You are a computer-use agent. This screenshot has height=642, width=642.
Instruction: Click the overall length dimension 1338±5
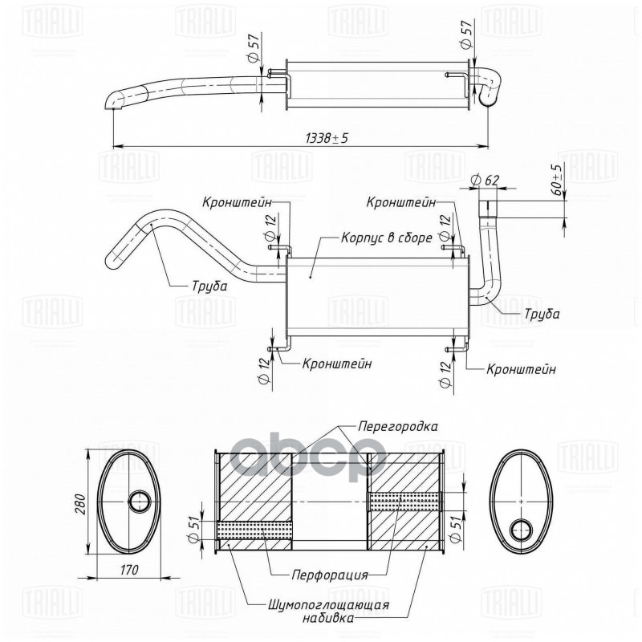(327, 138)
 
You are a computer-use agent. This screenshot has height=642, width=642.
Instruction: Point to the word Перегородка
(398, 426)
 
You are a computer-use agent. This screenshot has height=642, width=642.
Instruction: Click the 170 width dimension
(131, 570)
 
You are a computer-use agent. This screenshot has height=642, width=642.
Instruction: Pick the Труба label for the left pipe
(209, 285)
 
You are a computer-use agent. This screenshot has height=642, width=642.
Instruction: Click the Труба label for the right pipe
(542, 315)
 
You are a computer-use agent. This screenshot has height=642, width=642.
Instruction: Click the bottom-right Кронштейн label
(521, 369)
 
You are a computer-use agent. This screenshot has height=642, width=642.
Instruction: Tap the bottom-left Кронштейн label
(337, 364)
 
